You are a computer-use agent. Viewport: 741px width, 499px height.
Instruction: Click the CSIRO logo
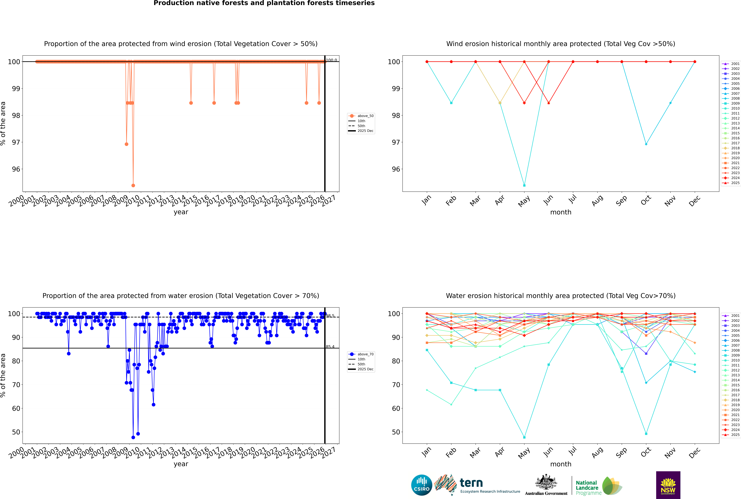click(x=421, y=485)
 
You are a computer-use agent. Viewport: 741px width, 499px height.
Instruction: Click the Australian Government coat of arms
click(x=546, y=483)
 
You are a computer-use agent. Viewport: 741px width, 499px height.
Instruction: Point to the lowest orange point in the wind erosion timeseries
click(x=133, y=186)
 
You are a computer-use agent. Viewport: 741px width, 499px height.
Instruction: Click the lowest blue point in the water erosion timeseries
click(x=133, y=438)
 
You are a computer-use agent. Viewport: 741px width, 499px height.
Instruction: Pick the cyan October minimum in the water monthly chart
click(x=646, y=434)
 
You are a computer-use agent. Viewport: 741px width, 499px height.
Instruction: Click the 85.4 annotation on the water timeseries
click(x=330, y=347)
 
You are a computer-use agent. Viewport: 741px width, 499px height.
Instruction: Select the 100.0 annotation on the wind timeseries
click(x=331, y=60)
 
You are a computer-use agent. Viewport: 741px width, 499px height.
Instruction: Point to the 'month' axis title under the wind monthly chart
click(x=561, y=212)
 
